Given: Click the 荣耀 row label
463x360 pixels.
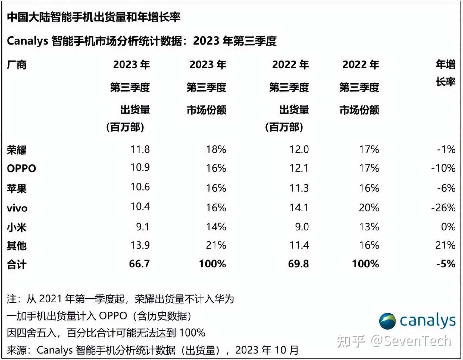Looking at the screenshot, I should coord(17,150).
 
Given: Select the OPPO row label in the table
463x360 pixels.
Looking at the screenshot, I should coord(21,168).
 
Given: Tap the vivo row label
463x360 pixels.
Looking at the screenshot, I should coord(17,208).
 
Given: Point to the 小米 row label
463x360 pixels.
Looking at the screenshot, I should coord(17,227).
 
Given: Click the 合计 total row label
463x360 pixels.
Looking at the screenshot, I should coord(17,265).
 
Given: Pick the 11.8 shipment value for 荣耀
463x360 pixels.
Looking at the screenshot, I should coord(140,149).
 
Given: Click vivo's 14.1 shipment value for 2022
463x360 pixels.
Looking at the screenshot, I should coord(299,208).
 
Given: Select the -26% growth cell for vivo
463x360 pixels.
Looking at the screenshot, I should coord(443,208).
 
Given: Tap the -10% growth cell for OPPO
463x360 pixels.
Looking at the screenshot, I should coord(443,168).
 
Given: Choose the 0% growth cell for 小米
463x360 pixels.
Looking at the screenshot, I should coord(448,227).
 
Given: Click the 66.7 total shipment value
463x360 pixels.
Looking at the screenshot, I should coord(139,264).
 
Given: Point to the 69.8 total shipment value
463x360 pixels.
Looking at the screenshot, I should coord(298,264).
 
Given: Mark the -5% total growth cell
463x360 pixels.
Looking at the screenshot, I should coord(446,264).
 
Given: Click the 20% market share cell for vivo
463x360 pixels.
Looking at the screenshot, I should coord(369,208).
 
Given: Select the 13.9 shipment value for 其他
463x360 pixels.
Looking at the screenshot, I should coord(140,245).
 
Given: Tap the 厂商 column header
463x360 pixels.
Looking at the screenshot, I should coord(17,64).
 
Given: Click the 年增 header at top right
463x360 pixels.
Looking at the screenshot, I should coord(446,64).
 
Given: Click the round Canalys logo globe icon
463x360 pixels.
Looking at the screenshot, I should coord(388,321).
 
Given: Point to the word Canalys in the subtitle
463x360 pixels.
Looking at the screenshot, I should coord(28,41).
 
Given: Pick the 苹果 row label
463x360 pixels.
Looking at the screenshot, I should coord(17,189).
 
